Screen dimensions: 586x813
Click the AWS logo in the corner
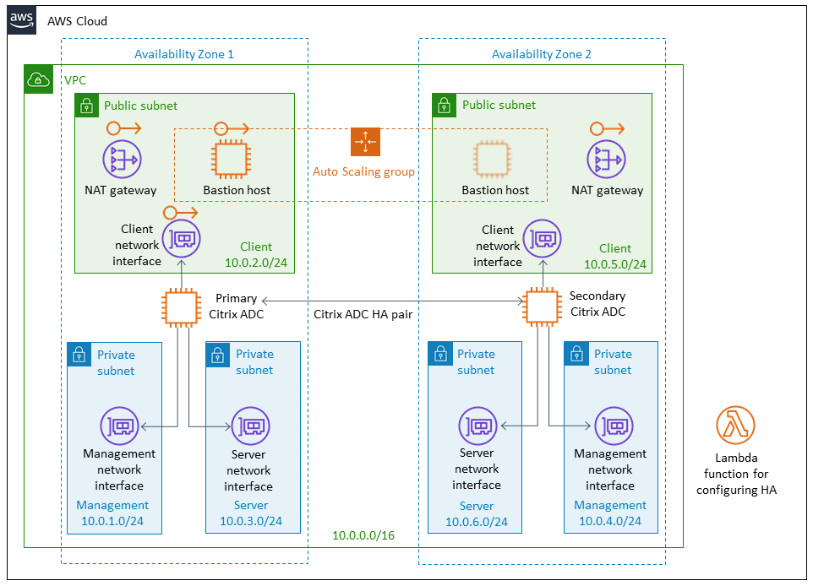coord(22,19)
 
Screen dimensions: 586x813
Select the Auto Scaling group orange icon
coord(365,142)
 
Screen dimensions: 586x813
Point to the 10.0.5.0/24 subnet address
coord(614,264)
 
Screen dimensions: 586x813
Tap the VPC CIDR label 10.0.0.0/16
coord(363,535)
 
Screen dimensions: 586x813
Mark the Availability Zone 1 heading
coord(183,54)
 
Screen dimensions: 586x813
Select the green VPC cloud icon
coord(38,79)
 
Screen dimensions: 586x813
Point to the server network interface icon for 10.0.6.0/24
coord(477,426)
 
